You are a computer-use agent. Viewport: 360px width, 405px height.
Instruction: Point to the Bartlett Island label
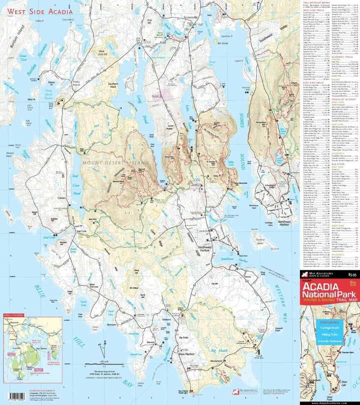(16, 37)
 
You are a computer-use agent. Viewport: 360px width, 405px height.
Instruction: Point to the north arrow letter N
(104, 343)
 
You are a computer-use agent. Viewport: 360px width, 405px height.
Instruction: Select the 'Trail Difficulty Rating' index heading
(314, 2)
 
